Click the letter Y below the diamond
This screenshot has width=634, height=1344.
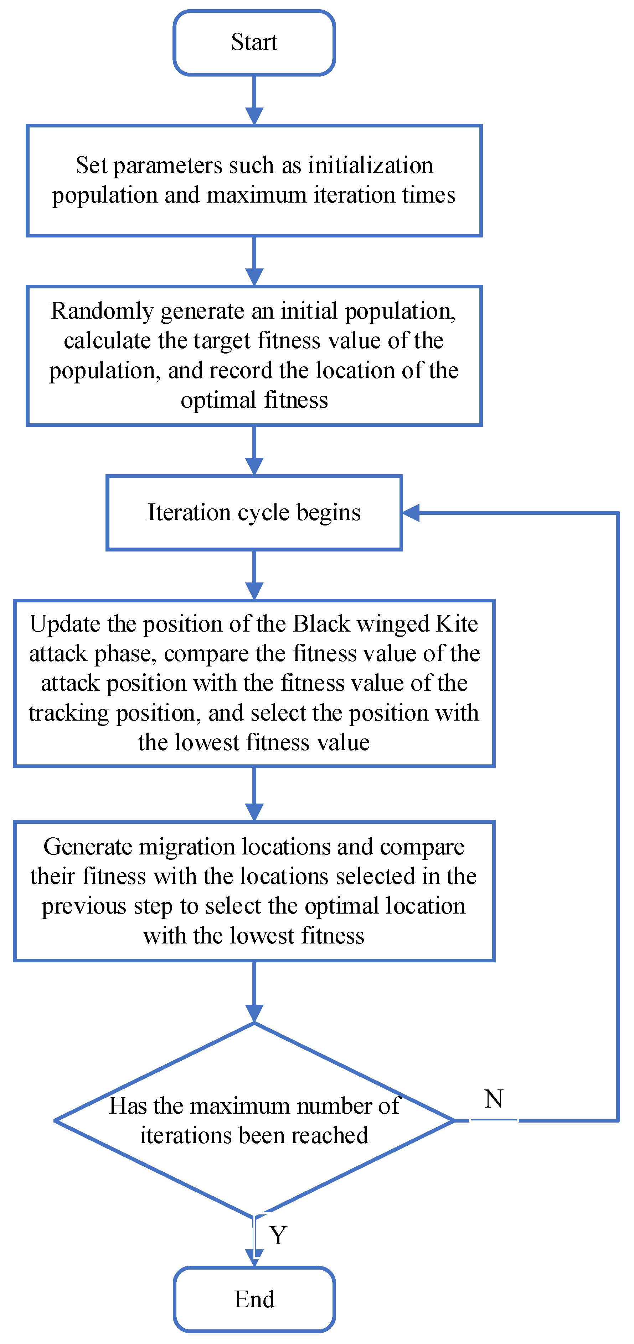pyautogui.click(x=278, y=1235)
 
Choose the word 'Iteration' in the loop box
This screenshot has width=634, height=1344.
pyautogui.click(x=189, y=512)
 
